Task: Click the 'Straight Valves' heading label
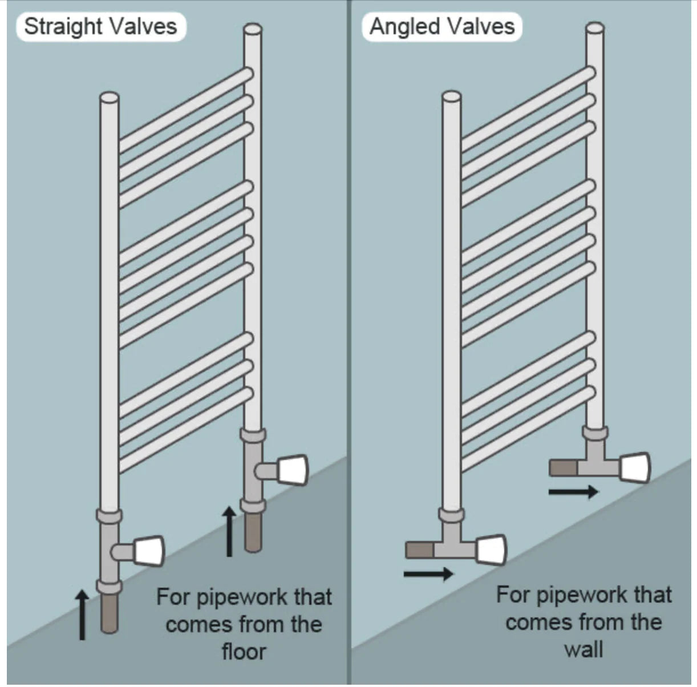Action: [x=101, y=27]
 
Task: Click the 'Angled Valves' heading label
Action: [x=442, y=27]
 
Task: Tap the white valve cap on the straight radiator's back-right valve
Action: [x=293, y=470]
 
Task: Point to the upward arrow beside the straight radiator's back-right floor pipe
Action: [x=229, y=531]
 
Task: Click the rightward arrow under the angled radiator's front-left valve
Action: [x=428, y=573]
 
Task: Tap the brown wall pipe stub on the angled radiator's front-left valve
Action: [x=419, y=550]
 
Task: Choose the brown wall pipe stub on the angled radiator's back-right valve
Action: [x=564, y=467]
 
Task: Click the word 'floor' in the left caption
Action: [x=244, y=652]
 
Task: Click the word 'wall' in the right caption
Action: [x=583, y=649]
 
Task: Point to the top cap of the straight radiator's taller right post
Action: [x=253, y=29]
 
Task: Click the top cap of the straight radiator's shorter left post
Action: [x=110, y=98]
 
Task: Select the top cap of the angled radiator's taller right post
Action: [x=595, y=27]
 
